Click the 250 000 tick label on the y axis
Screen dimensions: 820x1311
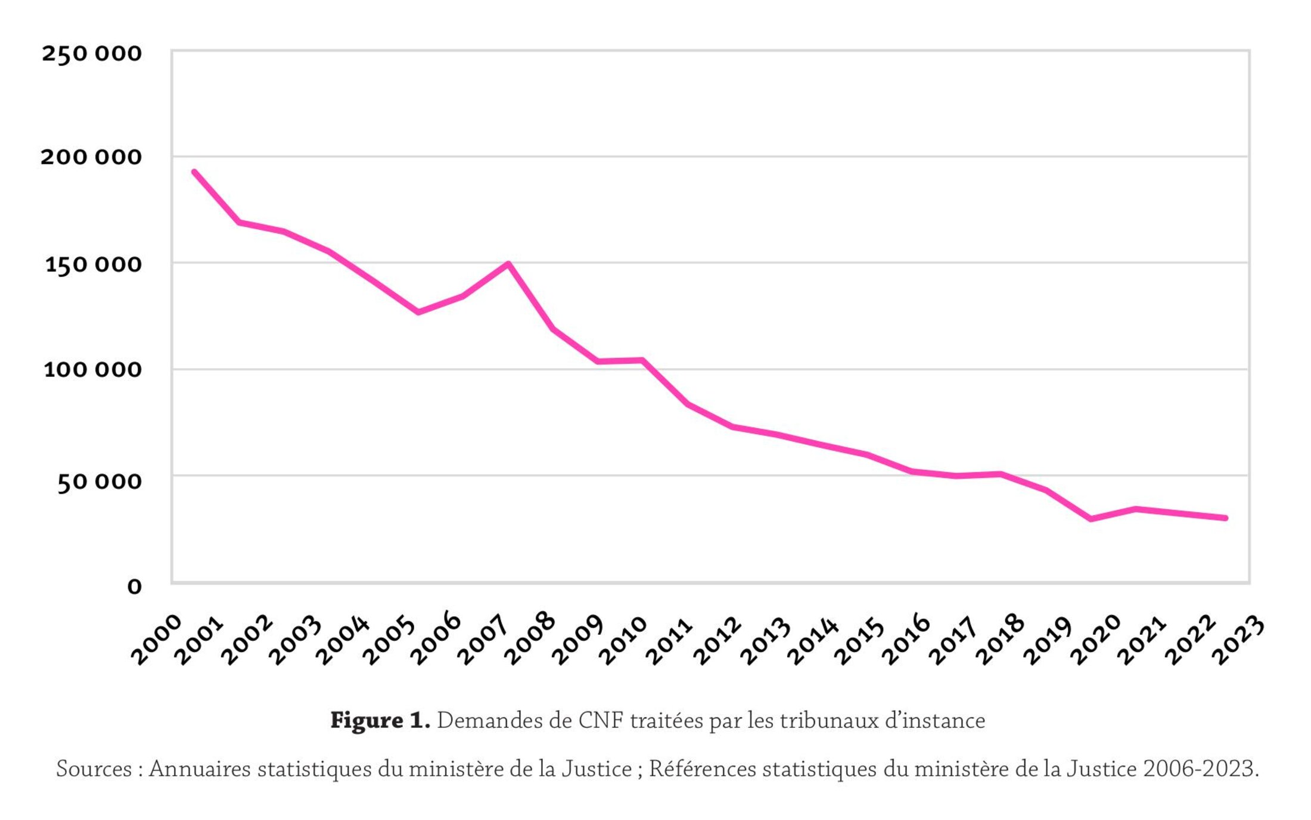click(91, 54)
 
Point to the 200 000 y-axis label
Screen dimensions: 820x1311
click(91, 157)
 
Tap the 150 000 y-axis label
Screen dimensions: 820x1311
click(93, 264)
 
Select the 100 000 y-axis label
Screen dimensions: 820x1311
click(92, 369)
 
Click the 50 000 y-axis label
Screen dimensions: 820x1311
click(99, 481)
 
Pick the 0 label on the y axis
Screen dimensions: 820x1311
click(135, 587)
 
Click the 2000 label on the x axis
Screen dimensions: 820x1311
click(156, 640)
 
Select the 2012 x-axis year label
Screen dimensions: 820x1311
click(718, 640)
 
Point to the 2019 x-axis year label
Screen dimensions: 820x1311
click(1047, 640)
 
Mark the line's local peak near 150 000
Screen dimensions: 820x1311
click(508, 263)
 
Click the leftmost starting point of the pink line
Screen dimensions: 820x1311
click(194, 172)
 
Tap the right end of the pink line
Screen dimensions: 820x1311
click(1225, 518)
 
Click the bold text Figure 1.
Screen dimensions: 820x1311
click(380, 721)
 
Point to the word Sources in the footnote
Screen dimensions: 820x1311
click(94, 769)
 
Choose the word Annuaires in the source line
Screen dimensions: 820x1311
click(200, 769)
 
